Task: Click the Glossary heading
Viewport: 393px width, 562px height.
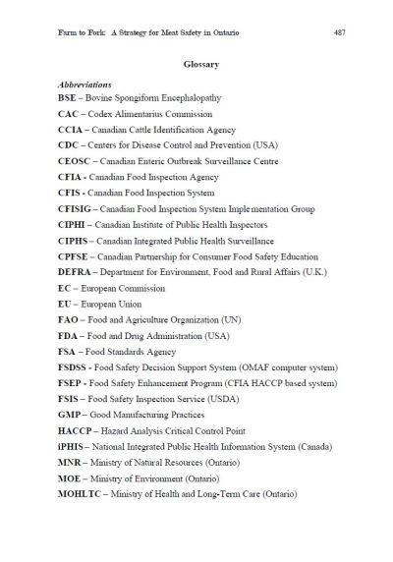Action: click(199, 65)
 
